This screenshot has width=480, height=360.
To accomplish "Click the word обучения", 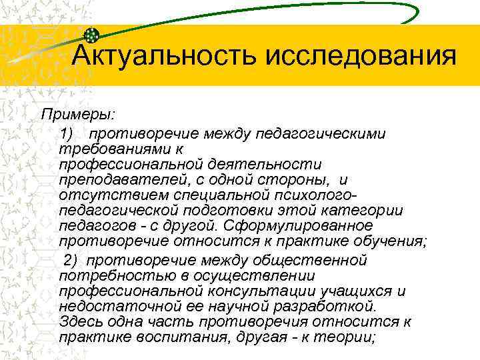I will point(390,243).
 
